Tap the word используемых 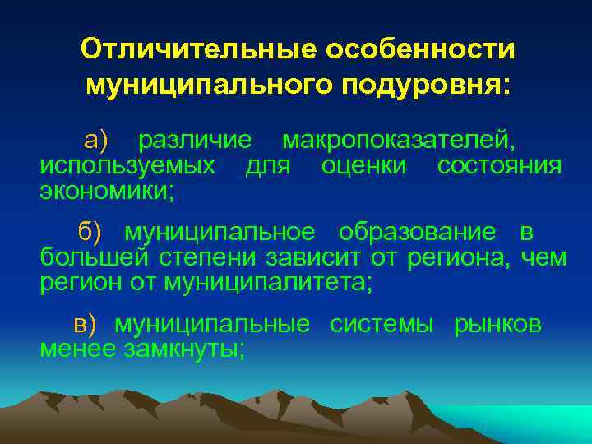pos(127,166)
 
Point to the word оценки pos(363,166)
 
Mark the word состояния pos(499,166)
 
